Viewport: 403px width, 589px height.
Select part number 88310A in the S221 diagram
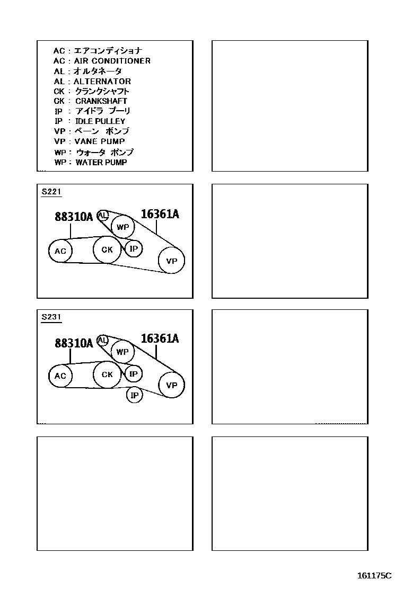(74, 217)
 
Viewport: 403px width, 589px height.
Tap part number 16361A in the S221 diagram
(160, 214)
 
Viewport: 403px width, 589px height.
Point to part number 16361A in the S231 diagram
(160, 339)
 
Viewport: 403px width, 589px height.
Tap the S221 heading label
(51, 192)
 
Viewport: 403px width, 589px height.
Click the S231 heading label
(51, 317)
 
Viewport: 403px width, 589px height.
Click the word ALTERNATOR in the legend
(102, 81)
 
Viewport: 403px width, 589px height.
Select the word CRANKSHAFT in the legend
(101, 101)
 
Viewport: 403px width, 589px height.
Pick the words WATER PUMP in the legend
(101, 162)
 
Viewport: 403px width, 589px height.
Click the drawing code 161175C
(374, 575)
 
